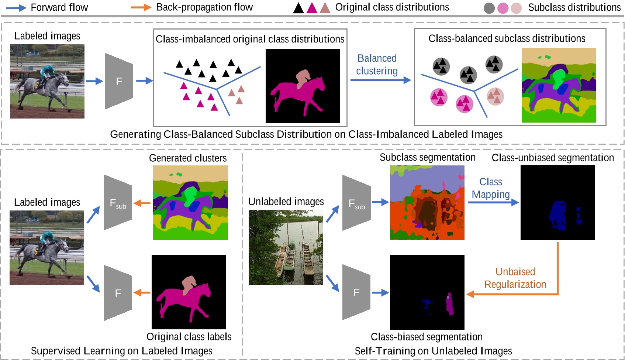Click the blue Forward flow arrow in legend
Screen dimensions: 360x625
(x=17, y=8)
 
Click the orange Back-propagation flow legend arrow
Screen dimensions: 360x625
(x=141, y=7)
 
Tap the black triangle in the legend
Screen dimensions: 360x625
(x=298, y=8)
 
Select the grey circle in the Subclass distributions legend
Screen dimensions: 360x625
(x=489, y=8)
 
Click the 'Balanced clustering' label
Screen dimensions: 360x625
(x=377, y=65)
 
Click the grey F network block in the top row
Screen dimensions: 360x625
(x=119, y=81)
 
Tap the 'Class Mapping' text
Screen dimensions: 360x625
(x=491, y=188)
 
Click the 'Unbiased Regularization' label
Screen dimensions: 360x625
(x=515, y=278)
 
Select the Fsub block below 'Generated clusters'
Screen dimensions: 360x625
(x=118, y=203)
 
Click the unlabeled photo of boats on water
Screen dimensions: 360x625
(x=286, y=247)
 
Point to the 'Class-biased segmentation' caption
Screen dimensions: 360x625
(x=427, y=337)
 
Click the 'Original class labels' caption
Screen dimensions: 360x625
(x=189, y=337)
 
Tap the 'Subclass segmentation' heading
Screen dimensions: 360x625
(x=427, y=158)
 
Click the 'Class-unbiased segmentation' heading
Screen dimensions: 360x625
(x=552, y=158)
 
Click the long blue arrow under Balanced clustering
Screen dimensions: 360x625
(x=380, y=80)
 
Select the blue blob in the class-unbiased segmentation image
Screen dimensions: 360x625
(x=558, y=216)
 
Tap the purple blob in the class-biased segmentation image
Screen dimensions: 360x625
(x=449, y=304)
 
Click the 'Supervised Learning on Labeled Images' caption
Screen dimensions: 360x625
(x=121, y=351)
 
